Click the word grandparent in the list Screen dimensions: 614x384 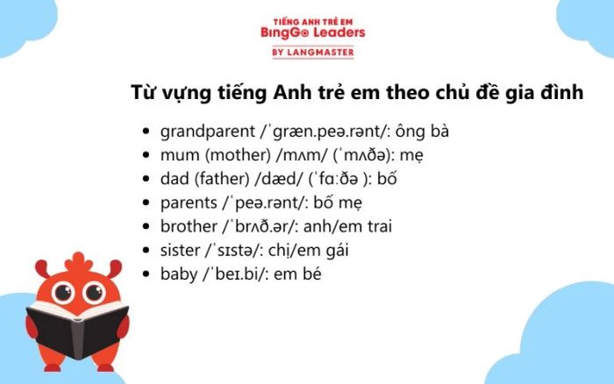click(208, 132)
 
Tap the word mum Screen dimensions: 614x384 click(180, 155)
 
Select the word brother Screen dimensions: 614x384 click(189, 226)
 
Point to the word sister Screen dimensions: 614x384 click(180, 250)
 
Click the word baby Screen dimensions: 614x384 click(179, 274)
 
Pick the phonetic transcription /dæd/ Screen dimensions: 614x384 click(278, 179)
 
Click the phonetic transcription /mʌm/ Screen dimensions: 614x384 click(301, 155)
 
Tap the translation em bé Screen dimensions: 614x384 click(297, 274)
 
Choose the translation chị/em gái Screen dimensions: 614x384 click(308, 251)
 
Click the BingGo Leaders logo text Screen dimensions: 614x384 click(312, 32)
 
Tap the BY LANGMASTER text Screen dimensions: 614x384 click(313, 52)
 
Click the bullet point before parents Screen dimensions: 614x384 click(146, 203)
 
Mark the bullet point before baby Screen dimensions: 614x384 click(146, 274)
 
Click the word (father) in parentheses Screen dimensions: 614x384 click(222, 179)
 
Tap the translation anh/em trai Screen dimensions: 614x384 click(347, 226)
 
